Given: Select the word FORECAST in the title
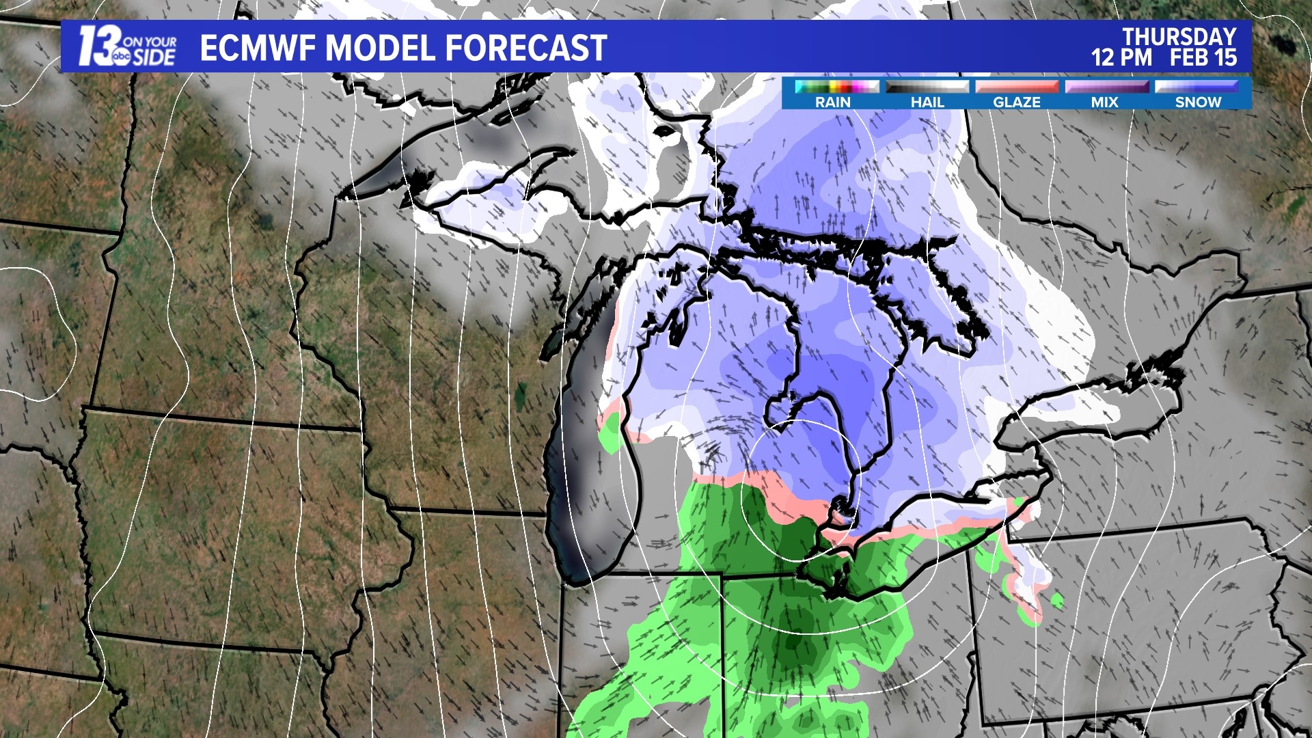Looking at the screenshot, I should click(x=526, y=48).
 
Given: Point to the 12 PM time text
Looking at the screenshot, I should click(x=1121, y=57).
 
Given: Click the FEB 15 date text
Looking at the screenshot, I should click(x=1203, y=57).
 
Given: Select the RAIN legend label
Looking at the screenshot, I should click(x=833, y=102).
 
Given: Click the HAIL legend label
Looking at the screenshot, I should click(x=927, y=102).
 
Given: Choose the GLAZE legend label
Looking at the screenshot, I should click(x=1017, y=102).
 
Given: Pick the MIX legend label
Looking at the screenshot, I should click(x=1105, y=102).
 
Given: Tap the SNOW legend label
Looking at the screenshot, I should click(x=1198, y=102).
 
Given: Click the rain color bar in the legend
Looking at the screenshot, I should click(x=836, y=87).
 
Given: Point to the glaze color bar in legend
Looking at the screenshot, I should click(x=1017, y=87).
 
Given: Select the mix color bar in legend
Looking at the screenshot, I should click(x=1106, y=87).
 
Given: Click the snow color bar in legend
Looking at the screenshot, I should click(x=1197, y=87).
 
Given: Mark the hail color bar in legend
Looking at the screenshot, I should click(x=927, y=87).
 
